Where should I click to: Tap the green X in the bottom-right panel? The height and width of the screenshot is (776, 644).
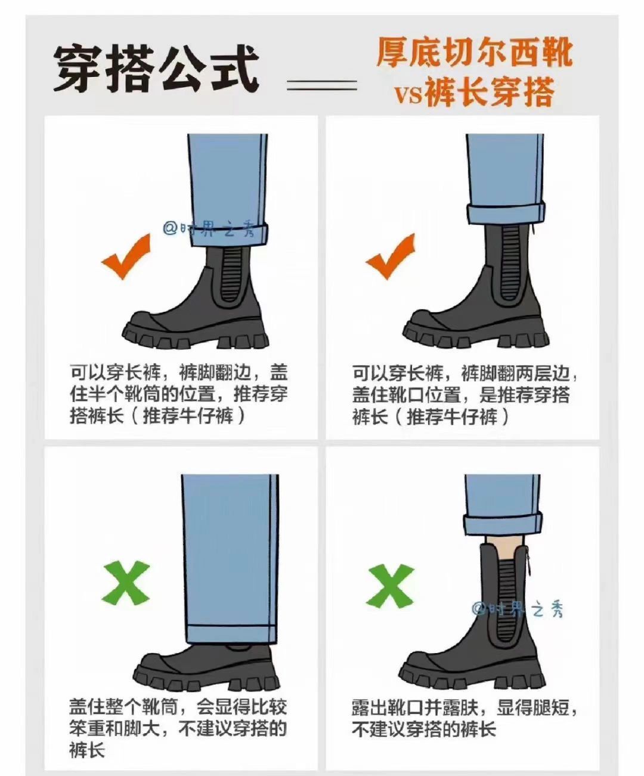(x=389, y=585)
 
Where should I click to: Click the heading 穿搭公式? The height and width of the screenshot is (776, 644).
(x=156, y=69)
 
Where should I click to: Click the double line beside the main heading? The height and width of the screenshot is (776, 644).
(x=322, y=85)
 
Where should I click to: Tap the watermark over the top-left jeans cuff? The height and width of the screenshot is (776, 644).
(x=209, y=229)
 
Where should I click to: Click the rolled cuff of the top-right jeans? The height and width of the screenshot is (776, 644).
(x=506, y=213)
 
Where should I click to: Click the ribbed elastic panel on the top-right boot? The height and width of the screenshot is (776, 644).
(x=511, y=263)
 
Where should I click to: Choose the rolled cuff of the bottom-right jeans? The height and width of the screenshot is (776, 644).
(x=503, y=523)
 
